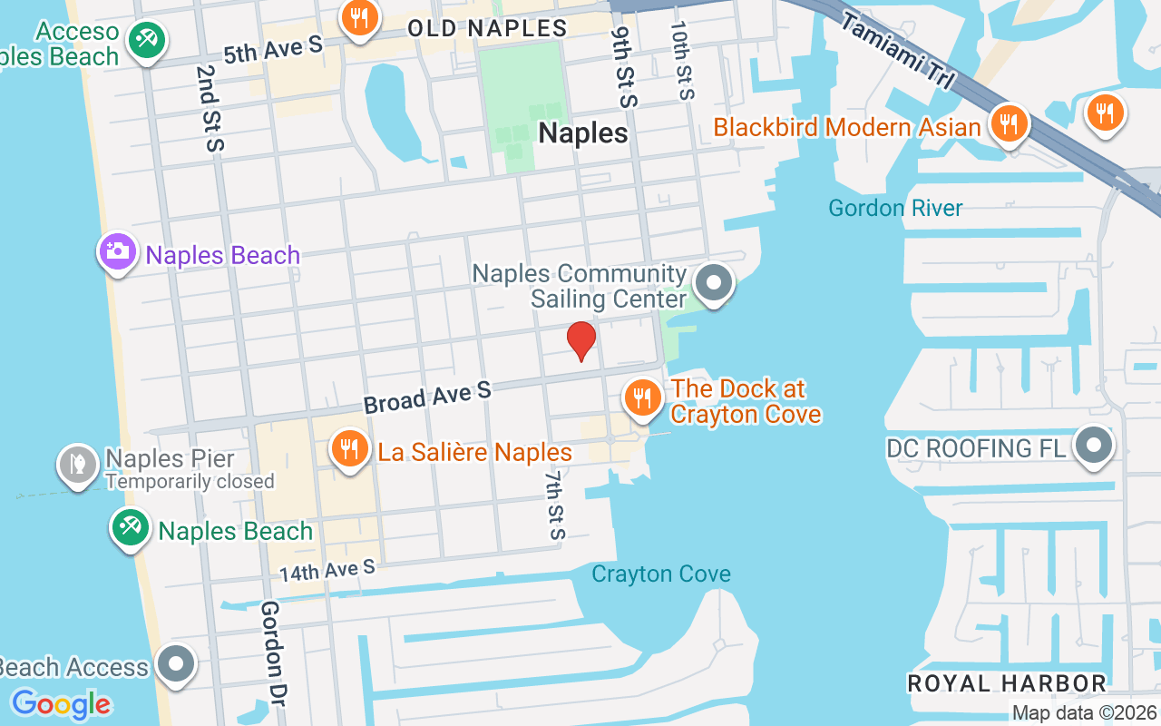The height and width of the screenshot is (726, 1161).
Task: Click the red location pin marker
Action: tap(580, 341)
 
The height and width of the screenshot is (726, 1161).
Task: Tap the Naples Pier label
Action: tap(170, 459)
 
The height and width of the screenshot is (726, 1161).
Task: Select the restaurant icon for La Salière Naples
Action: tap(347, 449)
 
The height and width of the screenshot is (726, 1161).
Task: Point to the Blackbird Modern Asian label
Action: tap(847, 127)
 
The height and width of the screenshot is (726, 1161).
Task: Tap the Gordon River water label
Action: tap(895, 208)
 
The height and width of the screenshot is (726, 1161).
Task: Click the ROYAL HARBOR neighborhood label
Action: tap(1007, 683)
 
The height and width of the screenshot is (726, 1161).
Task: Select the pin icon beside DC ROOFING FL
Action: tap(1094, 446)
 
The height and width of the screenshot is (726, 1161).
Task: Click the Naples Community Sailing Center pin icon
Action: tap(714, 283)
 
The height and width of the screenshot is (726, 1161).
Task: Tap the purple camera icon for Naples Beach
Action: tap(117, 251)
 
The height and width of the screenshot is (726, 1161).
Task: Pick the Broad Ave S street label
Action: tap(427, 397)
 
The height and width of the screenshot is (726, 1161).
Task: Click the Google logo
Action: tap(61, 703)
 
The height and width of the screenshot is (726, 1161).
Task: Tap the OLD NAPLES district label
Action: tap(487, 28)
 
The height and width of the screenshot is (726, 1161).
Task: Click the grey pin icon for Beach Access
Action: tap(176, 664)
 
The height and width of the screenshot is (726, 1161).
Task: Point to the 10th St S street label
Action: tap(682, 60)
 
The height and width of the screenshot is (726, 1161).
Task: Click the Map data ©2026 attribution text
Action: tap(1084, 713)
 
